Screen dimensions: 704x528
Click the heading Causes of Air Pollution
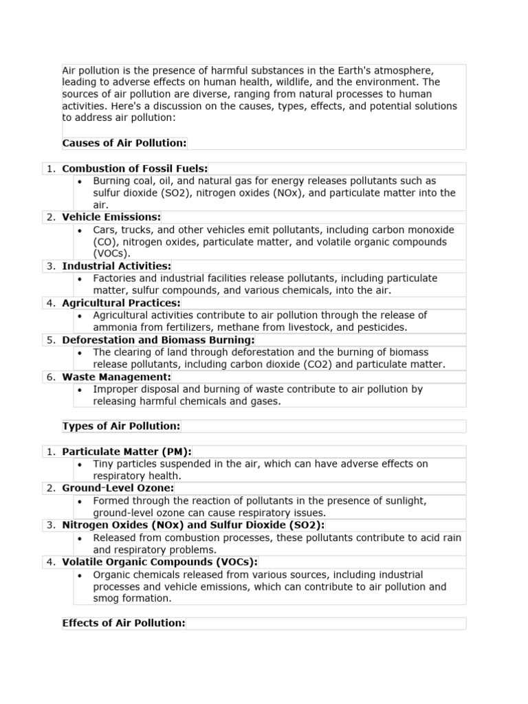(x=124, y=143)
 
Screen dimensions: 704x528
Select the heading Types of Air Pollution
(x=121, y=426)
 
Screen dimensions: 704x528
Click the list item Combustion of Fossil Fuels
(x=135, y=168)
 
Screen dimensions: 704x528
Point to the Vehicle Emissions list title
(x=111, y=217)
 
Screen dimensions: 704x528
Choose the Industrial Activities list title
(x=117, y=266)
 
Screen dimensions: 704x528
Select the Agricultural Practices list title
(x=121, y=303)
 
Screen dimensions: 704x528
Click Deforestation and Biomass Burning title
(x=158, y=340)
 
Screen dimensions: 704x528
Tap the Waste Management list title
(x=116, y=377)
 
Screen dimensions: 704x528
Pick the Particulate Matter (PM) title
(x=126, y=452)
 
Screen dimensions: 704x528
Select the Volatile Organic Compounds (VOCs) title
(x=159, y=562)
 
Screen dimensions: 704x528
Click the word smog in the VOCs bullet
(x=107, y=599)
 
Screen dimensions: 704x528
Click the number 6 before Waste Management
(x=51, y=377)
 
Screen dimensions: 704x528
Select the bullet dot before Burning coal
(x=80, y=181)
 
